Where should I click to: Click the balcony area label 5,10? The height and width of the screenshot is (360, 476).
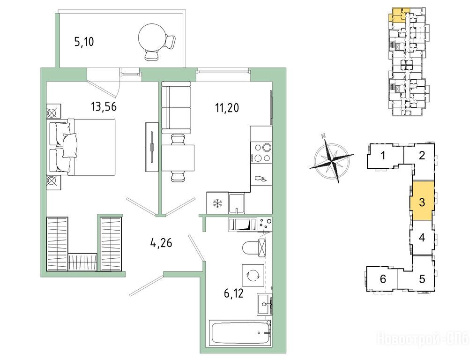(84, 42)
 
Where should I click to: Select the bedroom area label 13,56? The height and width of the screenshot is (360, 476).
(104, 106)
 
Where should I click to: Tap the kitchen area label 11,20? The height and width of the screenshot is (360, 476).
(227, 107)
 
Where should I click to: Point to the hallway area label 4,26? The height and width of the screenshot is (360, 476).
(161, 243)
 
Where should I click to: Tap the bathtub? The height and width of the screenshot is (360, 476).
(240, 333)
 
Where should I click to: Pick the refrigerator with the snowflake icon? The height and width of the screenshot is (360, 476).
(217, 203)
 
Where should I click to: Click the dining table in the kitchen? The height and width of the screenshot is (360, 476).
(178, 158)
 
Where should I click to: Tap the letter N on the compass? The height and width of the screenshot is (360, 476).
(324, 136)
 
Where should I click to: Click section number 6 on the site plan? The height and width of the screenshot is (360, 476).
(383, 278)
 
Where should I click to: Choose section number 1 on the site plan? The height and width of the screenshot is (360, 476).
(383, 156)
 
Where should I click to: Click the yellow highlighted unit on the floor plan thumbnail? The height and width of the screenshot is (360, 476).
(398, 14)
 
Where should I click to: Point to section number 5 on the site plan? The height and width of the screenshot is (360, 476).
(422, 279)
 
